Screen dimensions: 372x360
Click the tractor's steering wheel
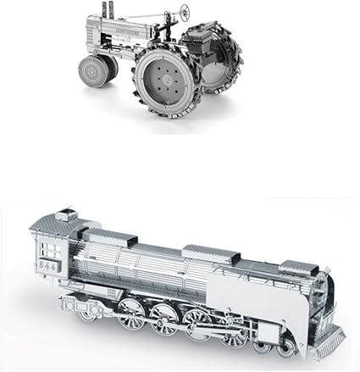point(184,14)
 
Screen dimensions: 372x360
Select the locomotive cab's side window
point(51,247)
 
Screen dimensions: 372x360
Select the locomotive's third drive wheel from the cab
point(197,322)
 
